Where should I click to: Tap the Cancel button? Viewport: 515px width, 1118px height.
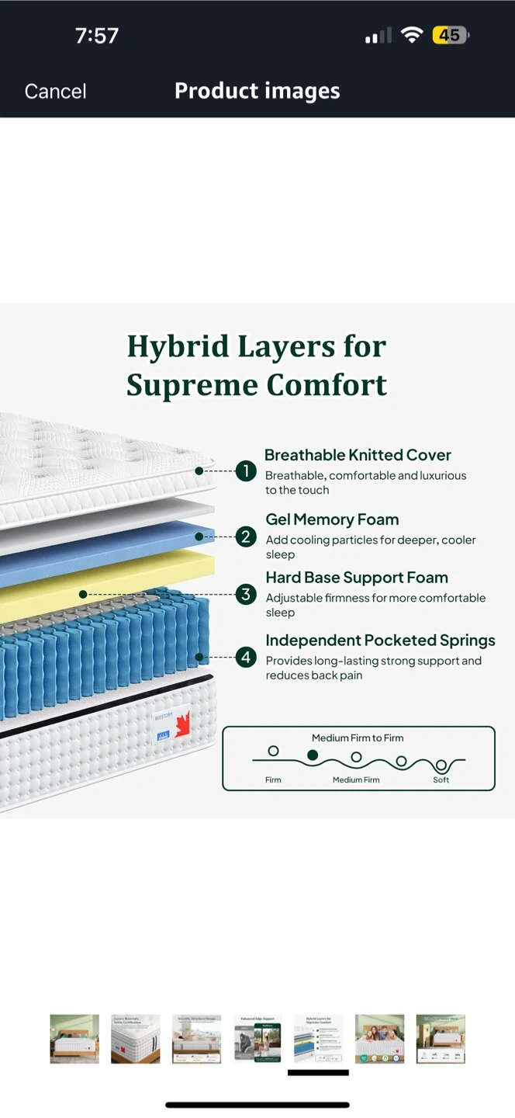click(x=55, y=91)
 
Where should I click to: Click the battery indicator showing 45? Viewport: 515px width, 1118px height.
click(x=450, y=35)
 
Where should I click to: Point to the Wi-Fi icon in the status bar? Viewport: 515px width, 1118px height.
click(x=412, y=35)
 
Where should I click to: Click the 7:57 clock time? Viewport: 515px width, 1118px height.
click(x=96, y=35)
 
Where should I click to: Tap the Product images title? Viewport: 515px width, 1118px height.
click(x=257, y=91)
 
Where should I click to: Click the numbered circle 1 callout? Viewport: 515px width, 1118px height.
click(x=246, y=470)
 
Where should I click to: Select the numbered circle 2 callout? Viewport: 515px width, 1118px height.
click(x=246, y=536)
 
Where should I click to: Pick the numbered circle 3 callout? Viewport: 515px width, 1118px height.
click(x=246, y=595)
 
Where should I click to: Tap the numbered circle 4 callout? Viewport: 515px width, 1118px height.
click(x=246, y=658)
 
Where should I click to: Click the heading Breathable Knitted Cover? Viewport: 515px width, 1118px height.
click(x=358, y=455)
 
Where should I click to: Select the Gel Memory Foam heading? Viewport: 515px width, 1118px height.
click(x=332, y=519)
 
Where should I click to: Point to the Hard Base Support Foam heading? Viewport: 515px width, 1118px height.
click(x=357, y=578)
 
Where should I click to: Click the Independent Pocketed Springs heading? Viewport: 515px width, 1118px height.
click(x=380, y=641)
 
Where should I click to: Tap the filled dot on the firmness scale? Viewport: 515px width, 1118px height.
click(x=313, y=755)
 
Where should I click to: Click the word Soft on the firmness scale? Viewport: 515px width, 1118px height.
click(x=441, y=779)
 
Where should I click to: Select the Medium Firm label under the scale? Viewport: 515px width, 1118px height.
click(x=356, y=779)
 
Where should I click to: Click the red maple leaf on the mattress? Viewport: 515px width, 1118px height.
click(x=183, y=724)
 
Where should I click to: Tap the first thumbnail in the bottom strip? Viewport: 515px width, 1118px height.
click(x=74, y=1038)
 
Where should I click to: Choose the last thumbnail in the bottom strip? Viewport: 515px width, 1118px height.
click(x=441, y=1038)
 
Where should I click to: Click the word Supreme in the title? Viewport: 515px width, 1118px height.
click(x=189, y=385)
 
